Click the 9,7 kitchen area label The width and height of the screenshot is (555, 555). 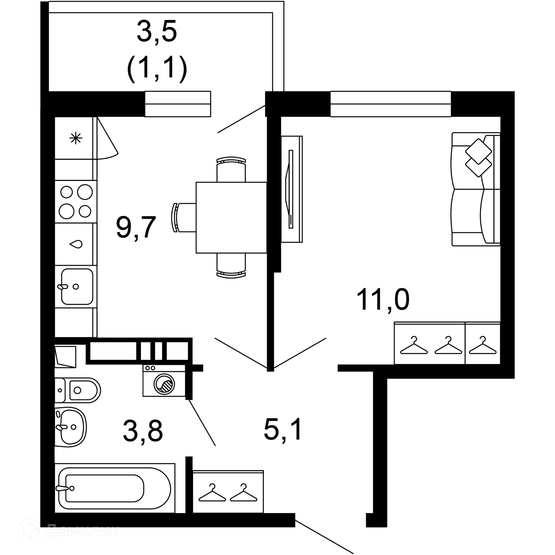136,227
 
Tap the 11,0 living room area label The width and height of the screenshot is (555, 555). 383,300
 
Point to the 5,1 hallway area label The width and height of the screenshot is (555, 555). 283,429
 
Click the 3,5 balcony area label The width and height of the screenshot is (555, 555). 156,31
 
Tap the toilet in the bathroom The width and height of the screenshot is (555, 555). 78,390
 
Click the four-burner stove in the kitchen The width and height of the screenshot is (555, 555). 76,201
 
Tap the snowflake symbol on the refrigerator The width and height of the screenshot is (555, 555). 76,138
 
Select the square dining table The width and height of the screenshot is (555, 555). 231,218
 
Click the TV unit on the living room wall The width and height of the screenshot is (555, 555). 292,189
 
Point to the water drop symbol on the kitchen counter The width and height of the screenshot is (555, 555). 76,244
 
